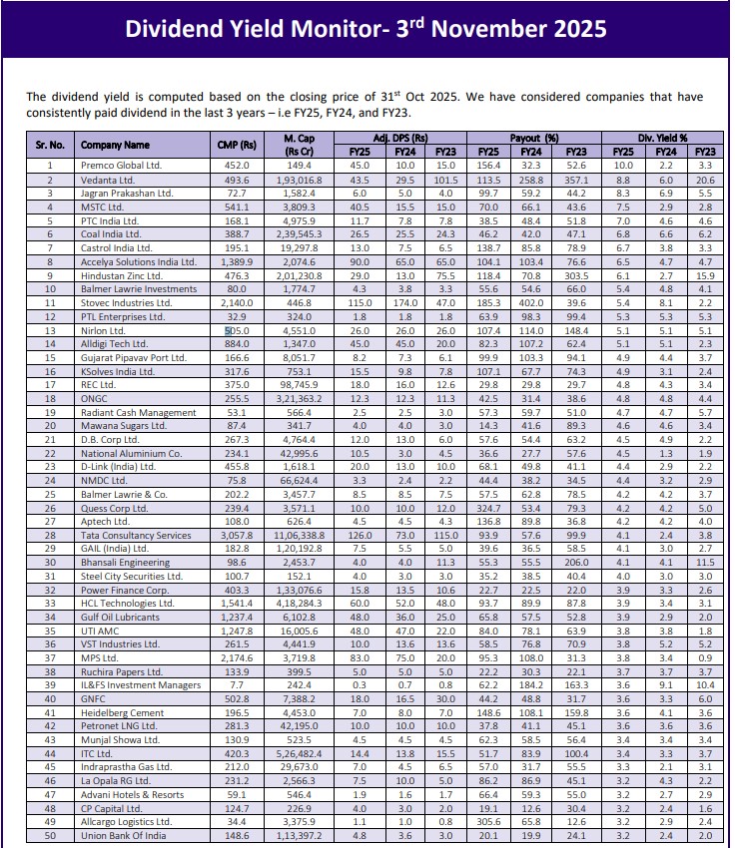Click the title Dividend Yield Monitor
click(x=366, y=28)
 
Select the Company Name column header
click(x=115, y=145)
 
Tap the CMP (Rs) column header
click(x=237, y=145)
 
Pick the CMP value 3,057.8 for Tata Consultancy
click(x=237, y=536)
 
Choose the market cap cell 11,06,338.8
click(x=299, y=536)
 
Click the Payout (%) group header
click(x=538, y=138)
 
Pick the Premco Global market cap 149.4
click(x=299, y=165)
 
